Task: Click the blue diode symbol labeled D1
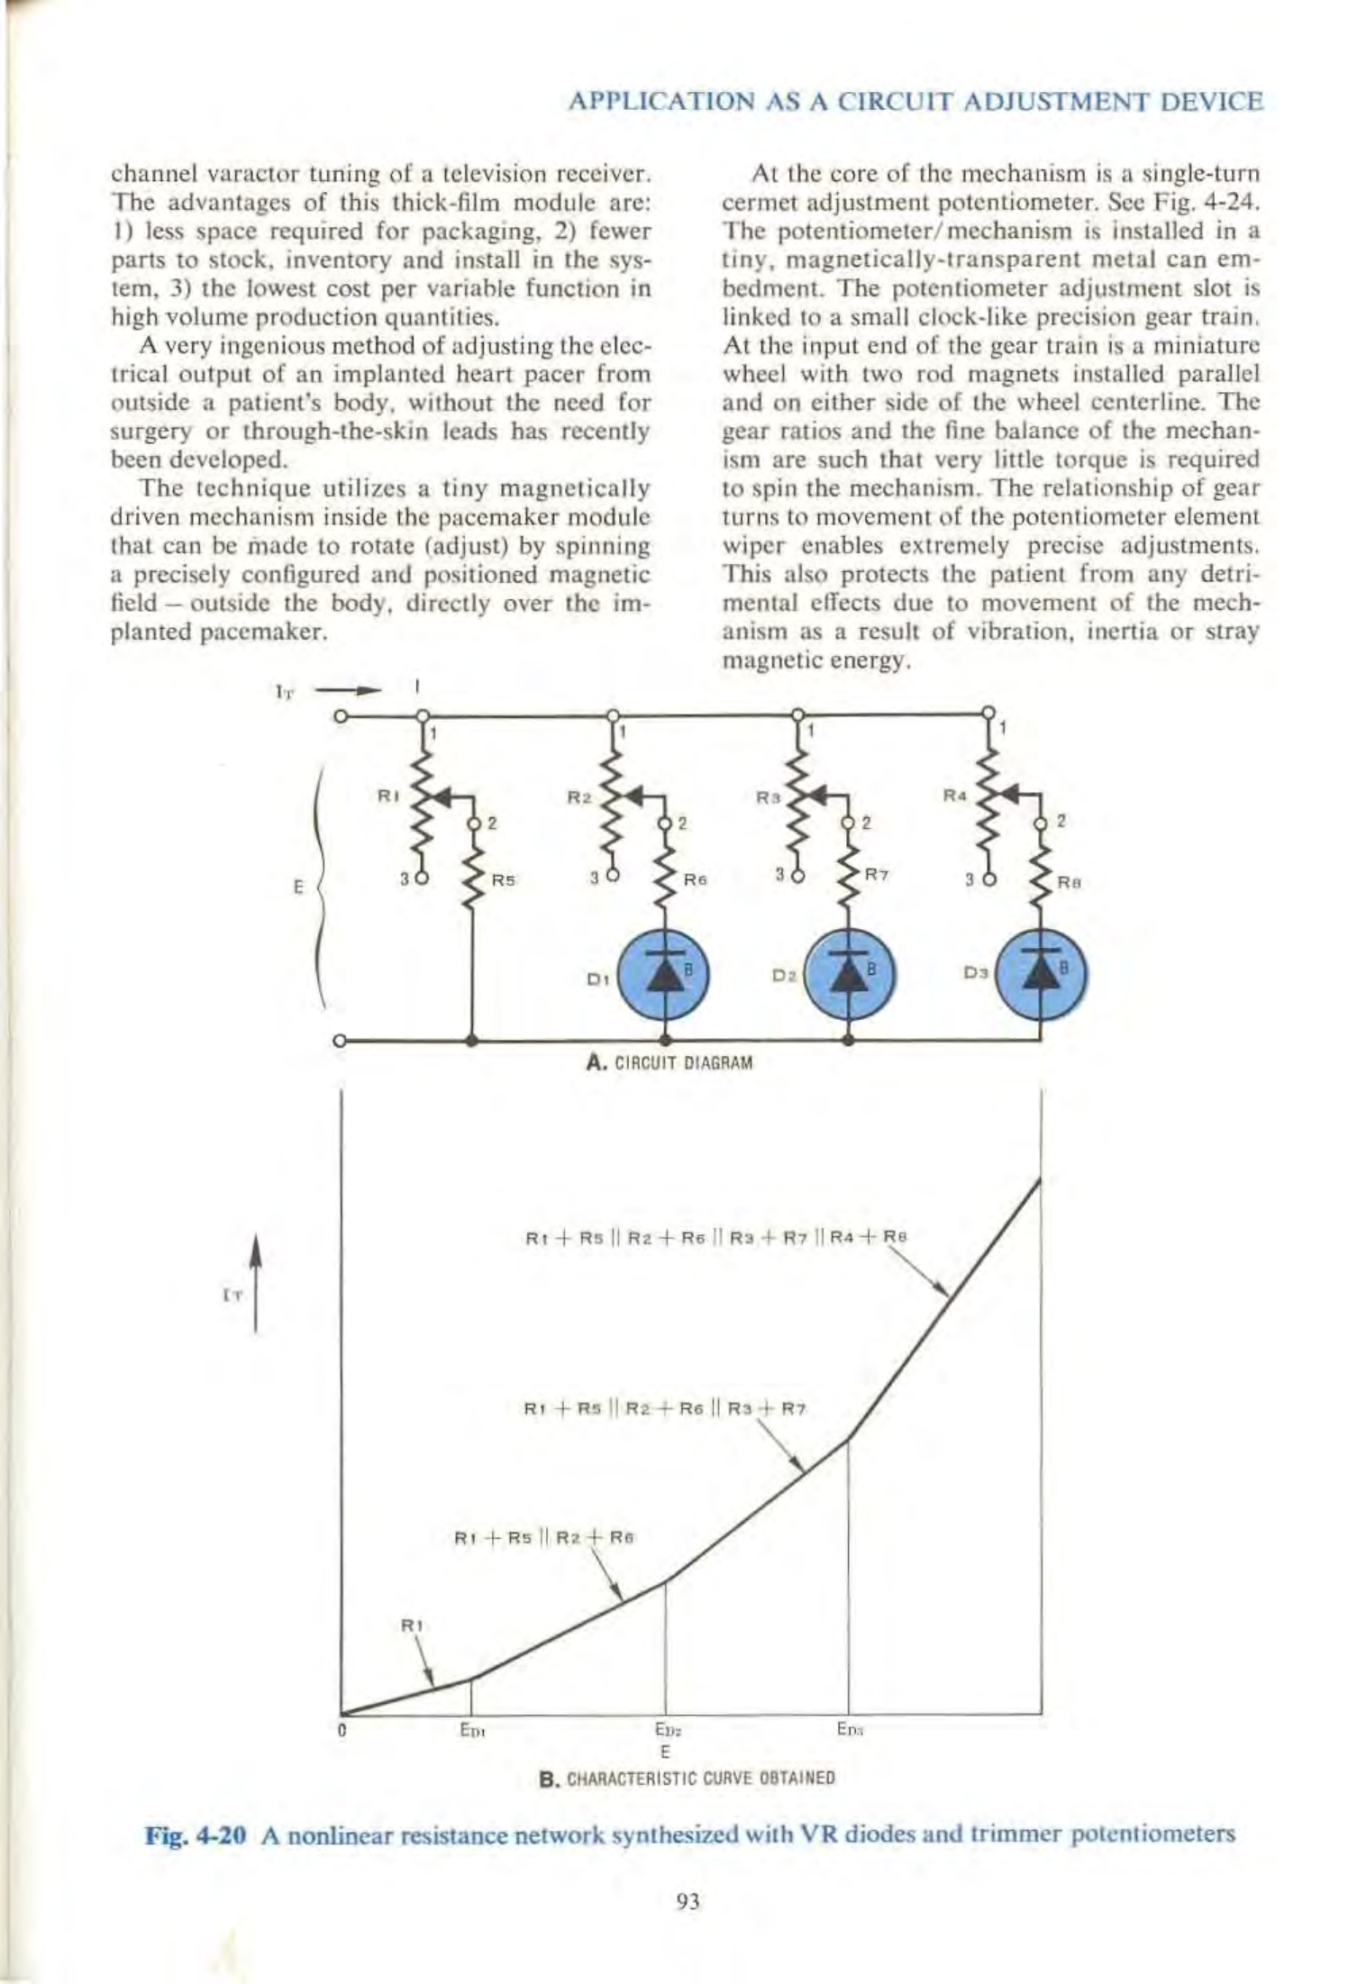tap(666, 975)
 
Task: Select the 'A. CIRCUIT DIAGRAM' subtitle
tap(669, 1062)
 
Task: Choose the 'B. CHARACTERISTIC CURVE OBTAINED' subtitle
tap(687, 1778)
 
